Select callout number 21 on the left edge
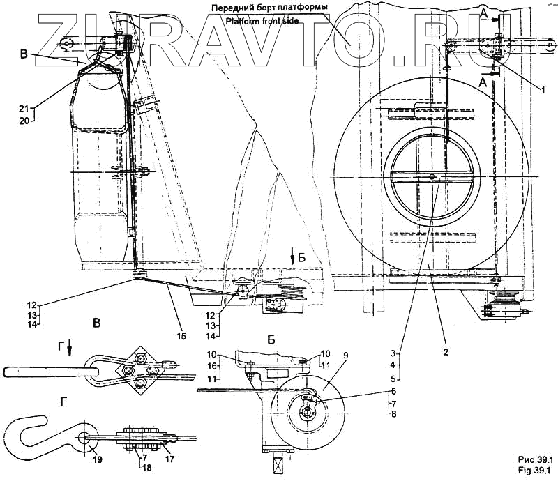click(23, 108)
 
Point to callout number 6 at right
click(393, 391)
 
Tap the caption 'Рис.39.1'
click(534, 459)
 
